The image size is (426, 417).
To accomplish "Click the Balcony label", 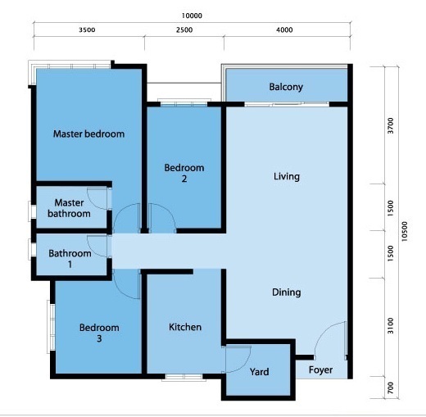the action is pos(286,87).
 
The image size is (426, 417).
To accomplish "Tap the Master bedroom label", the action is pos(88,134).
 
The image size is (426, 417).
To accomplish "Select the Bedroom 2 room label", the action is pos(184,173).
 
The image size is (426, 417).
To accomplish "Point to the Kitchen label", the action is pos(185,327).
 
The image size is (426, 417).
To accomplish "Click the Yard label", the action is pos(259,372).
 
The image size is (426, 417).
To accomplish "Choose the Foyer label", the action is pos(320,370).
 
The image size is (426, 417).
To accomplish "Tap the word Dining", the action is pos(287,292).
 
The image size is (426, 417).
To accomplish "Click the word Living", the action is pos(287,176).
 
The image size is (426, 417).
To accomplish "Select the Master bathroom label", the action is pos(69,208).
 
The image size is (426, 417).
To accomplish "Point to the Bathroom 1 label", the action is pos(70,259).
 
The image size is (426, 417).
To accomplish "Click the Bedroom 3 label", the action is pos(99,333).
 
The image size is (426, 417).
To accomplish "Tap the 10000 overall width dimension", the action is pos(192,16).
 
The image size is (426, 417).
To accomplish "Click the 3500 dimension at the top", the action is pos(87,29).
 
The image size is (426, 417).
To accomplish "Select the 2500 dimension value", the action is pos(184,29).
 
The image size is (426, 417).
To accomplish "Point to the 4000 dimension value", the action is pos(284,29).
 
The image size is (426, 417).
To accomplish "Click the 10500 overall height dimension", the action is pos(405,231).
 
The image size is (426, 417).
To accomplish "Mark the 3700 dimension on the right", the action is pos(391,125).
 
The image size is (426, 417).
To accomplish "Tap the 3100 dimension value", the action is pos(391,326).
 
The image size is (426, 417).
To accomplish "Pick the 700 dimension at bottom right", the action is pos(391,388).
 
